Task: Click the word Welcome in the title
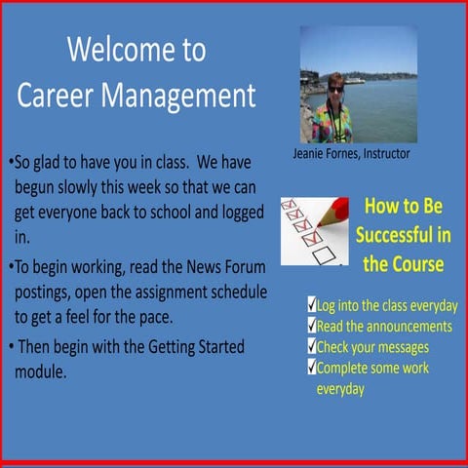(110, 51)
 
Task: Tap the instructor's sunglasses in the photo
(335, 89)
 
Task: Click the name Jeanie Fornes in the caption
(325, 154)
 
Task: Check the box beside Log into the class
(311, 305)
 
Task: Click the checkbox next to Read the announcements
(311, 326)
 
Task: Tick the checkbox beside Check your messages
(311, 346)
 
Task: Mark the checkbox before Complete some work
(311, 368)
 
